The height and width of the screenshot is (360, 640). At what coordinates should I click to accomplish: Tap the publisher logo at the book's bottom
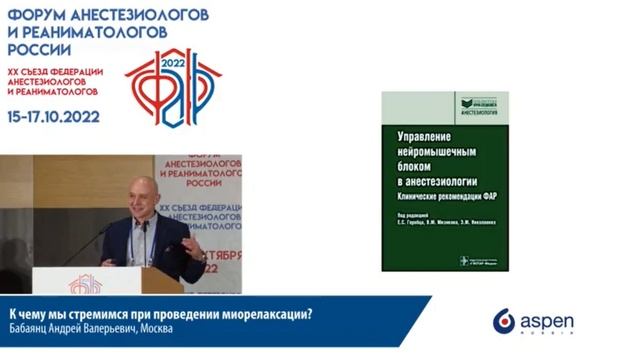click(477, 261)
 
